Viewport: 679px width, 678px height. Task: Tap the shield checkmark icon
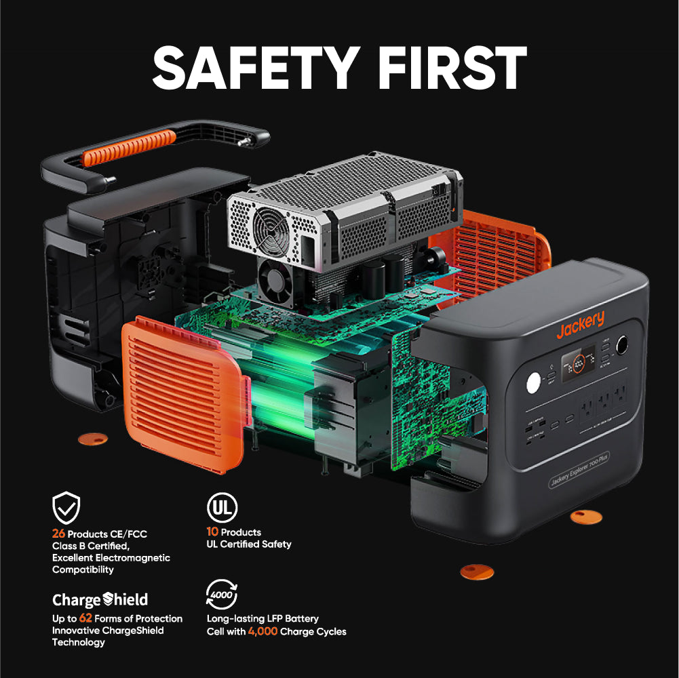[66, 507]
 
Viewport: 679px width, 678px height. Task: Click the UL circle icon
[221, 507]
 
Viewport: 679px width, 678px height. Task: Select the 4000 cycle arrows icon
[221, 594]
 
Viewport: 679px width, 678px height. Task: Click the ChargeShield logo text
[100, 599]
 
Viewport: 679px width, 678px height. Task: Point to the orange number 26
[58, 534]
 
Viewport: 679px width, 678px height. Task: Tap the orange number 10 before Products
[212, 532]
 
